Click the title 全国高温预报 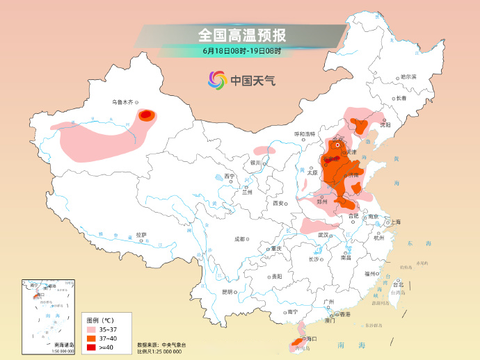click(x=241, y=35)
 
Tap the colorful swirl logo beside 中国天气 click(x=218, y=80)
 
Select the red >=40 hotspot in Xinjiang click(x=146, y=115)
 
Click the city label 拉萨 click(x=141, y=235)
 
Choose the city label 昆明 click(x=227, y=292)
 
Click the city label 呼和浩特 click(x=305, y=133)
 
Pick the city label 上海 click(x=396, y=222)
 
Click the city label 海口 click(x=310, y=338)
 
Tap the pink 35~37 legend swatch click(x=91, y=327)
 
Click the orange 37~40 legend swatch click(x=91, y=337)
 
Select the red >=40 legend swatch click(x=91, y=347)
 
